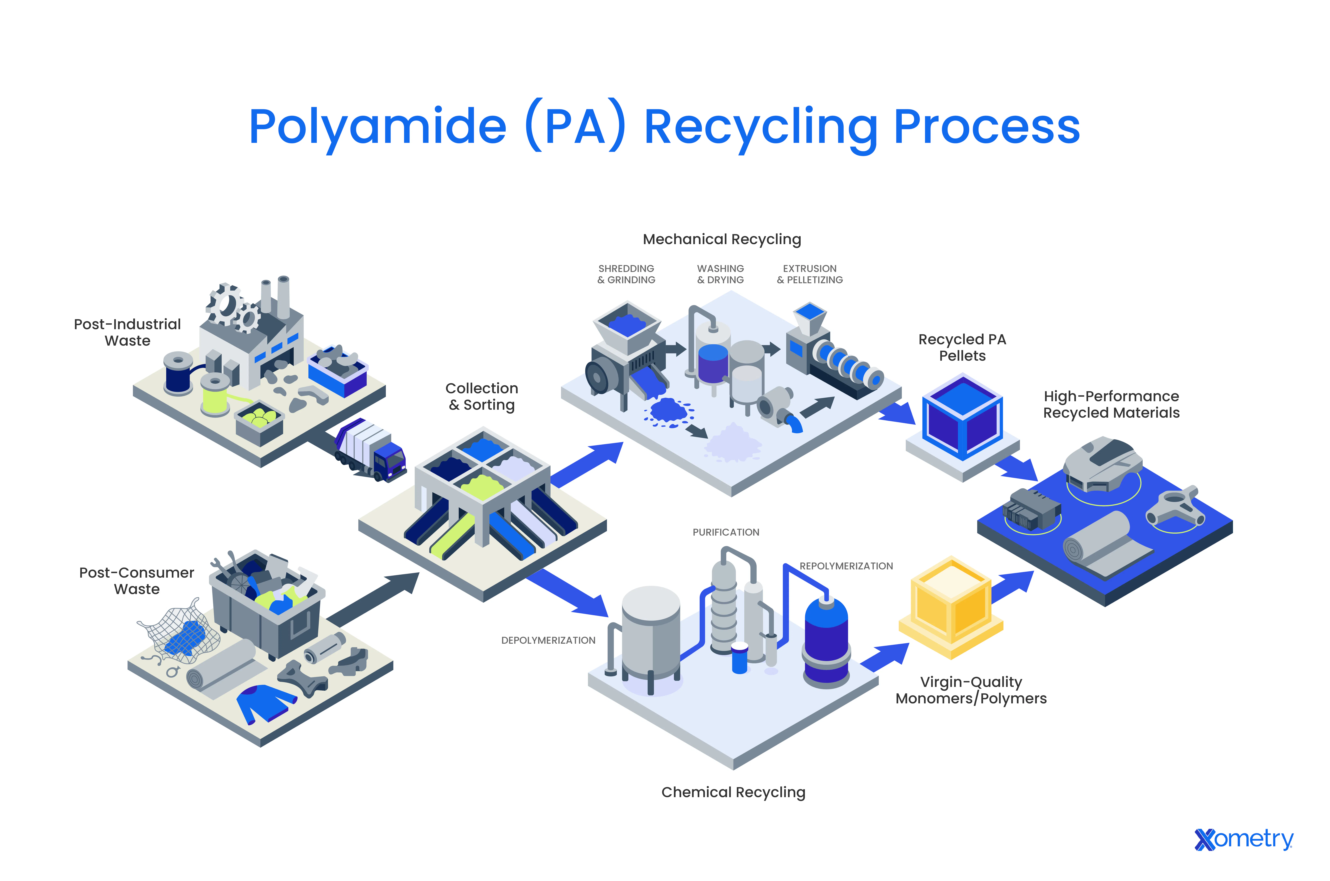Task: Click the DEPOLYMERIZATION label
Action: click(x=548, y=641)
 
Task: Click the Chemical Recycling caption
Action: click(x=733, y=792)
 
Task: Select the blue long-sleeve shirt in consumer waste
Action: click(x=264, y=702)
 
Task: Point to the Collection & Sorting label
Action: click(x=482, y=397)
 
